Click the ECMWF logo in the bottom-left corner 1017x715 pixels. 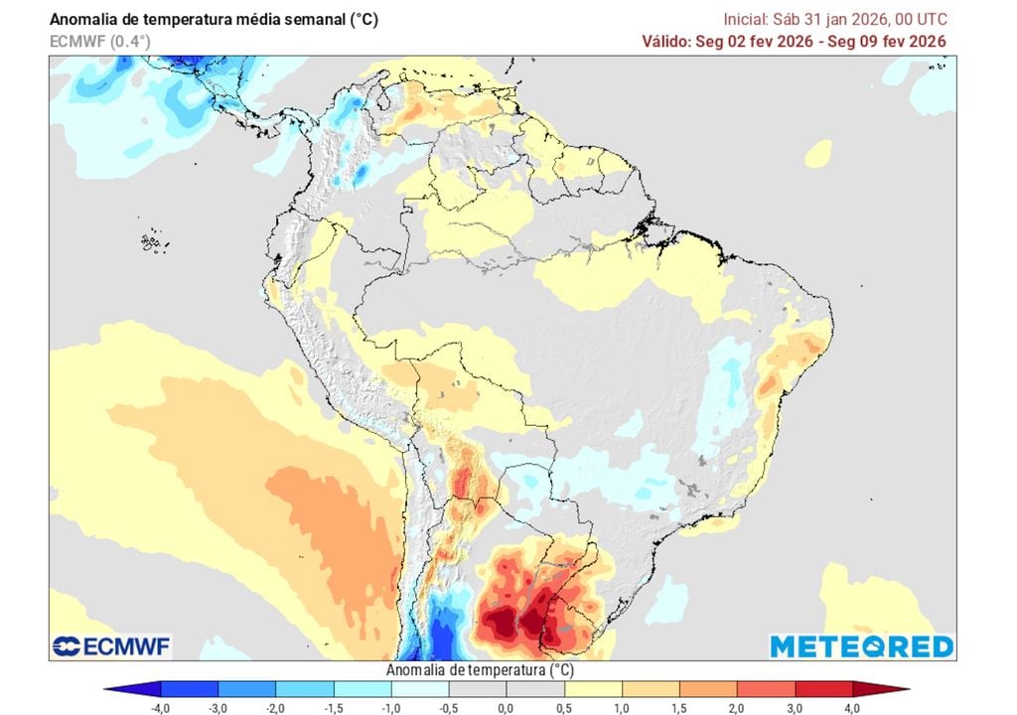pos(111,646)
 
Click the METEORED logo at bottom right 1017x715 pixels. pos(861,646)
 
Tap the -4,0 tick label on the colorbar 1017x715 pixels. pos(160,708)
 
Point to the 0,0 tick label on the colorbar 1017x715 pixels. pos(507,708)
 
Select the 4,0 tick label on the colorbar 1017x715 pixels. pos(853,708)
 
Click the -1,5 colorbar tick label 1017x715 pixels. pos(333,708)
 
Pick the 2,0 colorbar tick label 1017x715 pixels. pos(737,708)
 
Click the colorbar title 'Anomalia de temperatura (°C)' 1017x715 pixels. pos(480,670)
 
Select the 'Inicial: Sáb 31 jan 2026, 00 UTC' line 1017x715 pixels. pos(834,19)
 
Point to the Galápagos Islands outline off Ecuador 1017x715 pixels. pos(151,241)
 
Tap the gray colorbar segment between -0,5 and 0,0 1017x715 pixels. pos(478,688)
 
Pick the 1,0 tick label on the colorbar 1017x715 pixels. pos(622,708)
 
